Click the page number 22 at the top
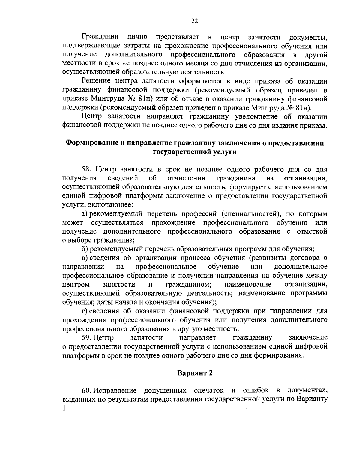[194, 21]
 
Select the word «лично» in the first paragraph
[137, 37]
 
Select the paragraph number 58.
[87, 169]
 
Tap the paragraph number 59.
[87, 337]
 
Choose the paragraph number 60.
[87, 391]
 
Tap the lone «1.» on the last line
[65, 408]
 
